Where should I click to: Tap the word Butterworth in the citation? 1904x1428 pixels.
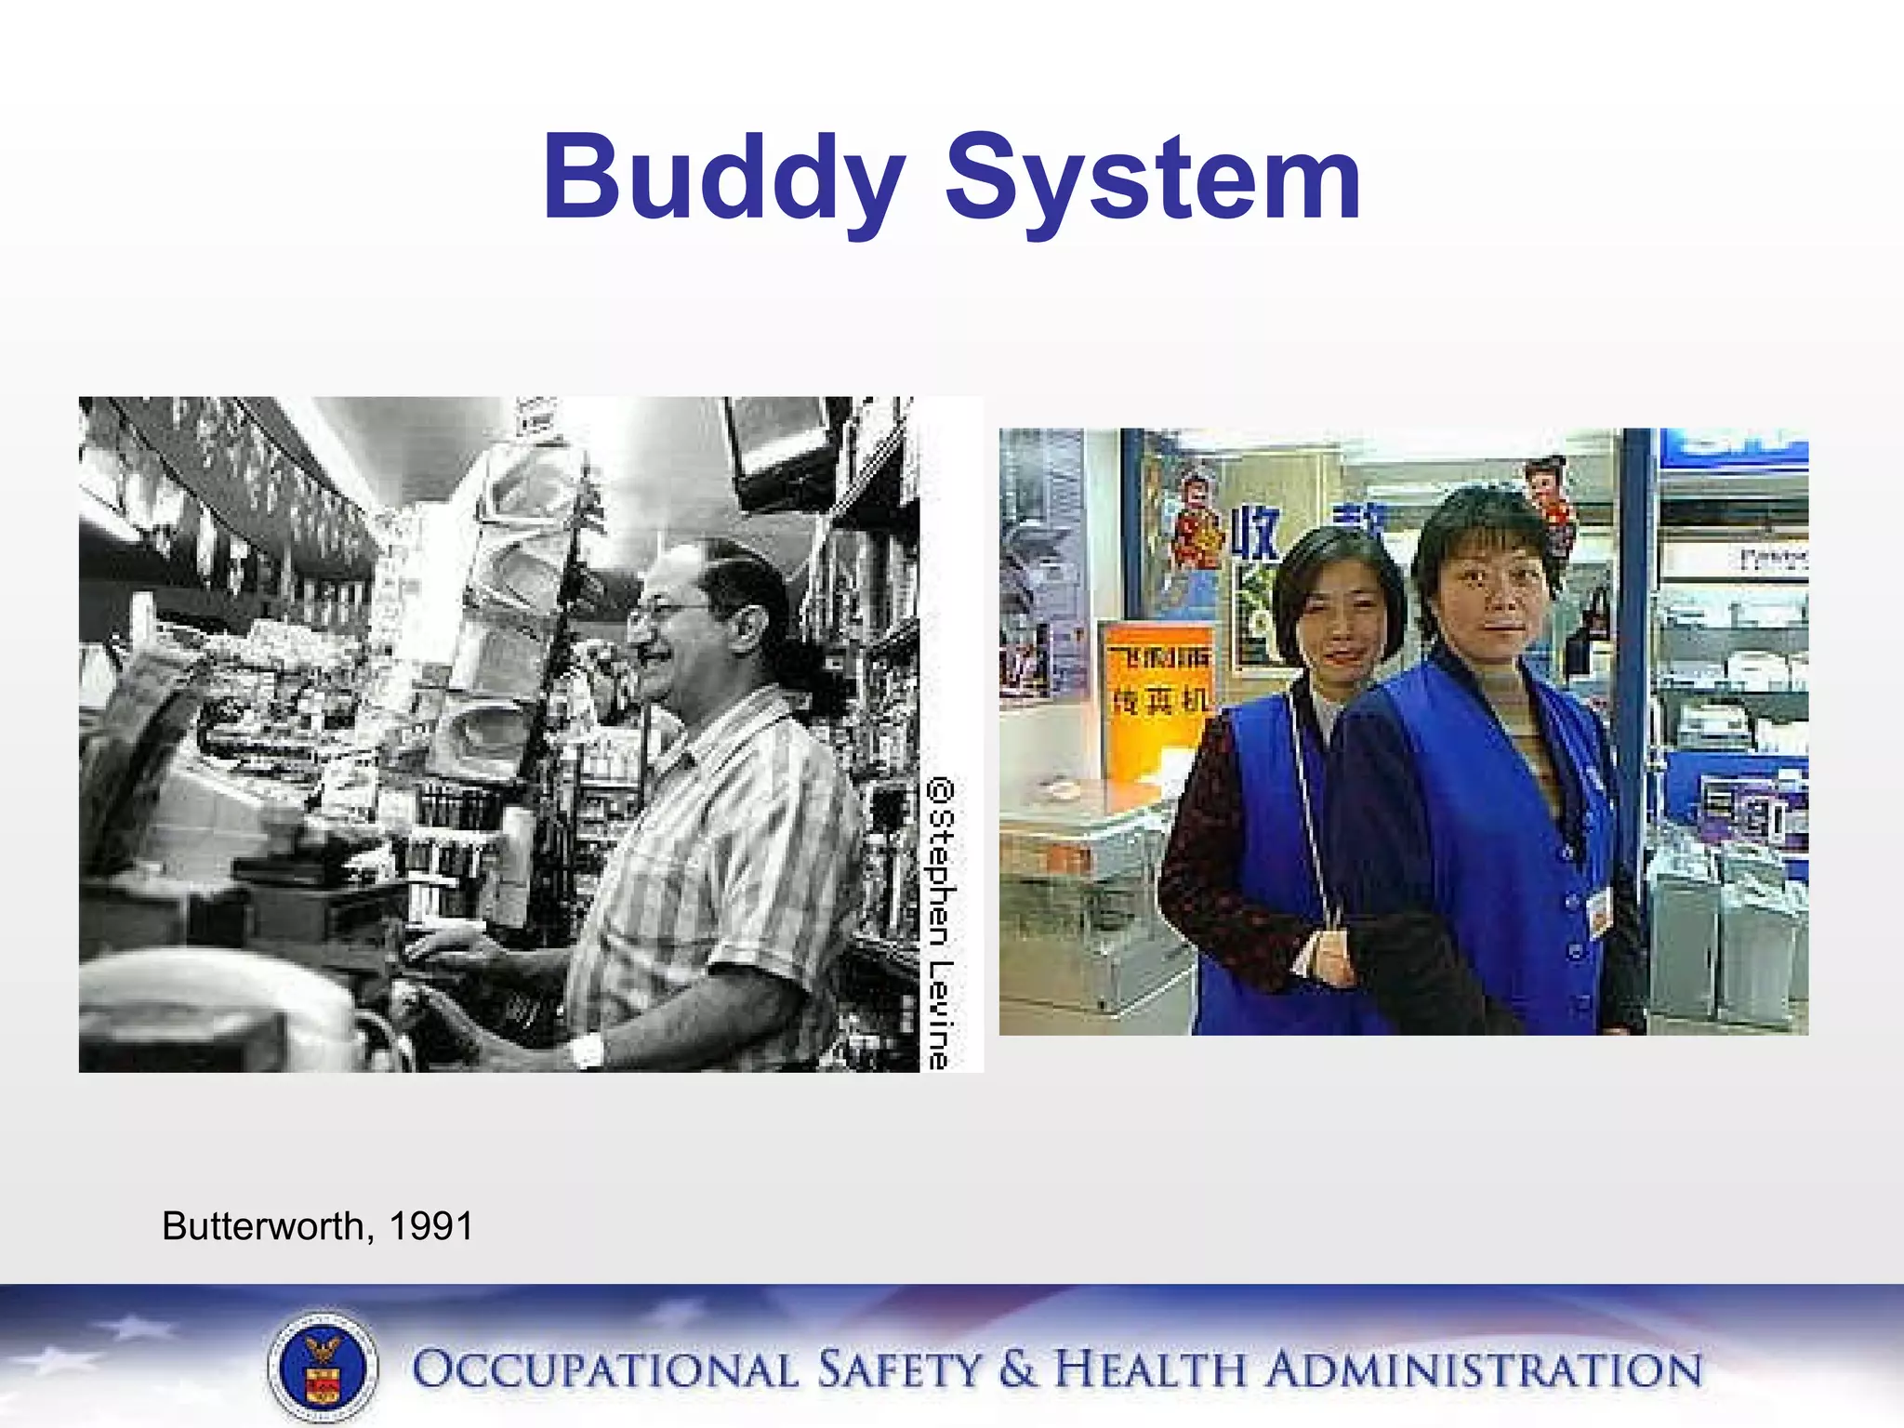tap(264, 1226)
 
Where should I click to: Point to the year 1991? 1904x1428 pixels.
tap(431, 1226)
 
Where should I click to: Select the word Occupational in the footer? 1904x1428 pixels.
tap(604, 1370)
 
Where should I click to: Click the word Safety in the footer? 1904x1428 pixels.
tap(898, 1370)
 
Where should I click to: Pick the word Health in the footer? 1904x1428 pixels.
tap(1150, 1370)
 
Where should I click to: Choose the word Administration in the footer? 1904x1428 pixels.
tap(1485, 1370)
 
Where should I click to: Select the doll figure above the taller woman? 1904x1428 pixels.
tap(1551, 507)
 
